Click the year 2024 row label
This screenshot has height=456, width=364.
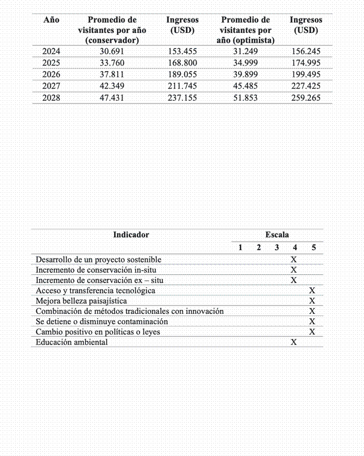tap(51, 51)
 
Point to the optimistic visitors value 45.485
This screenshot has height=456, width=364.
tap(245, 86)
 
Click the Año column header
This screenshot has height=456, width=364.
tap(51, 20)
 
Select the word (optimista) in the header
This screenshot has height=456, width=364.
tap(246, 40)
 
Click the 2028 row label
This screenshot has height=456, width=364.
tap(51, 97)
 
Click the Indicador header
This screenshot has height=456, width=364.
tap(131, 235)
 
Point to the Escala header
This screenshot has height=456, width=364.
tap(277, 235)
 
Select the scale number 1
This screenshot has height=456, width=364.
tap(240, 248)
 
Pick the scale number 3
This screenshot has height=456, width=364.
tap(277, 248)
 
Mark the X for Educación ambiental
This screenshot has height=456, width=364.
tap(294, 342)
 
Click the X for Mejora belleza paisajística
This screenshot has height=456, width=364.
tap(312, 301)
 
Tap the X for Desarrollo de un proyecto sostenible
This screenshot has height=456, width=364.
tap(294, 260)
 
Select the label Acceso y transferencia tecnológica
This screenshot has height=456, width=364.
tap(95, 290)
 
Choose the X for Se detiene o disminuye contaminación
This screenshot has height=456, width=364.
tap(312, 321)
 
